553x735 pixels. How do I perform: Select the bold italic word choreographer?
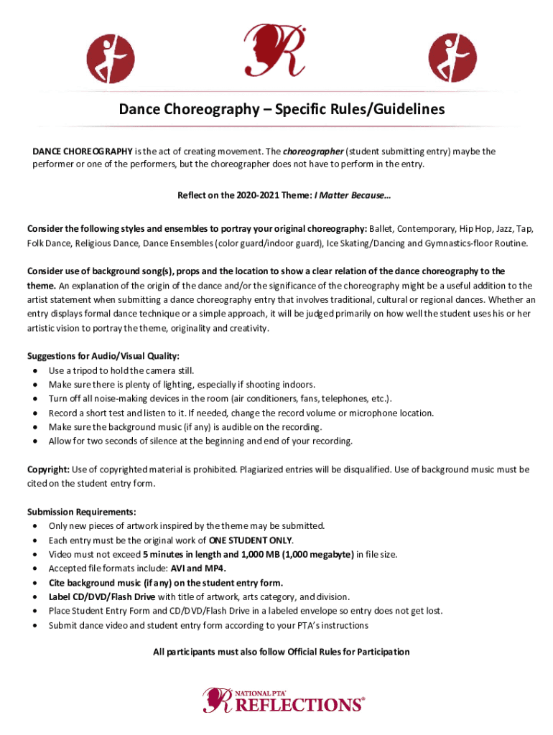[x=312, y=151]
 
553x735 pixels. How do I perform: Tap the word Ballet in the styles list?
[x=381, y=229]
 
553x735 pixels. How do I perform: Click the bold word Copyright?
[x=48, y=469]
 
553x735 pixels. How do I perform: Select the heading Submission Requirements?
[x=81, y=512]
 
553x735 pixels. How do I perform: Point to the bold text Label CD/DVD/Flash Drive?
[x=101, y=596]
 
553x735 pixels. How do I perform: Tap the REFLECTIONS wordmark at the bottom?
[x=295, y=703]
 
